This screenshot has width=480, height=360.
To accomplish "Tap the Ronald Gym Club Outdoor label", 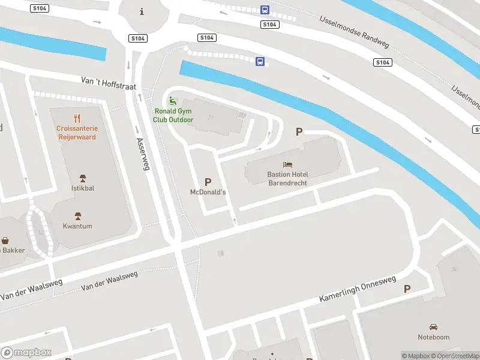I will [x=173, y=115].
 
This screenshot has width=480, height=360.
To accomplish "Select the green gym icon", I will [x=173, y=101].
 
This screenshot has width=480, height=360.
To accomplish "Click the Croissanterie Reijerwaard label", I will [x=76, y=133].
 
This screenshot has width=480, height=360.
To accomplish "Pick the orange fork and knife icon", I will [x=77, y=118].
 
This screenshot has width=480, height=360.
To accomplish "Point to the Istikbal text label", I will [x=83, y=188].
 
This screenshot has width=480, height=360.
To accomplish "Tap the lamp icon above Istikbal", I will [x=83, y=178].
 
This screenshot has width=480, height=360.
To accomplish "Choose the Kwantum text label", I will [x=78, y=226].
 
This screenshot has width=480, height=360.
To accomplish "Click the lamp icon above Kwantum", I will [x=77, y=216].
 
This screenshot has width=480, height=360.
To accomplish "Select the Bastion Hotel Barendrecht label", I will [x=287, y=178].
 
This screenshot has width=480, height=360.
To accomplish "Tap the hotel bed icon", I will [x=287, y=164].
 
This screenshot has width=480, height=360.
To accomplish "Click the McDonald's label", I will [x=208, y=192].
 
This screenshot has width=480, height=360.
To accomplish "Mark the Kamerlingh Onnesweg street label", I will [x=358, y=290].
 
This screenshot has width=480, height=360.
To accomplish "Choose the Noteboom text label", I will [x=433, y=337].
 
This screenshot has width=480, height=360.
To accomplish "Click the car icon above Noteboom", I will [x=433, y=327].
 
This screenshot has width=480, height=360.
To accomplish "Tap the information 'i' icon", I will [x=142, y=11].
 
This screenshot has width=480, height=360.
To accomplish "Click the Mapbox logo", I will [x=26, y=353].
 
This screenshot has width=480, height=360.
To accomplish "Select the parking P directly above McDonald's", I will [x=208, y=182].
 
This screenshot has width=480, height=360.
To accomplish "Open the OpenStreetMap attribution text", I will [x=457, y=356].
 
